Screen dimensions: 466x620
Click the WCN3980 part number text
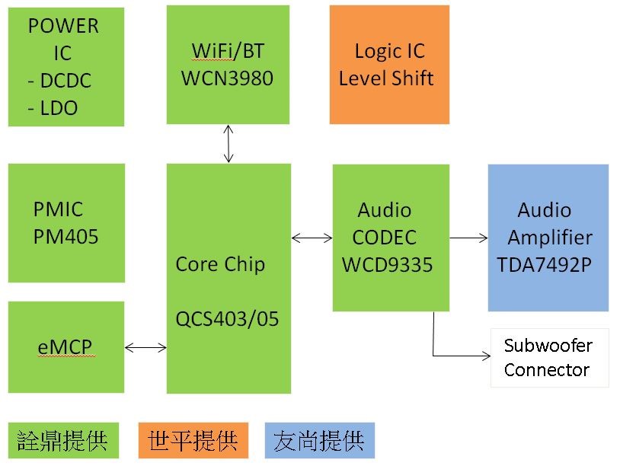point(227,78)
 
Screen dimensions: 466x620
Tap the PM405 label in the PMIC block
point(66,237)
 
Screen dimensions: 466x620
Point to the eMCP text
point(65,347)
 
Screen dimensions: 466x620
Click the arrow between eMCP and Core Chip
point(145,348)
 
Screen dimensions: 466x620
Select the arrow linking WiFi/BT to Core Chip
point(229,144)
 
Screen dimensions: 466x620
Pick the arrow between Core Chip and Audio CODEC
point(312,238)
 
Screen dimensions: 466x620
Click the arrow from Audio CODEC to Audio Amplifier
point(468,238)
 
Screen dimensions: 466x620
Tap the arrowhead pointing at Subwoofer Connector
point(486,356)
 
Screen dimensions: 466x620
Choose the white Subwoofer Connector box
point(549,358)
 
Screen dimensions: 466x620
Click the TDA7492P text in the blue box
point(545,264)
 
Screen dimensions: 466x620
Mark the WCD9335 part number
point(387,264)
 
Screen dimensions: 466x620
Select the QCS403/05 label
point(227,318)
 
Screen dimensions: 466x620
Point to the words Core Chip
point(220,264)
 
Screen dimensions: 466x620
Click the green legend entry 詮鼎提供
point(63,440)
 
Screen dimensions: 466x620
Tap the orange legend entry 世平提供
point(193,440)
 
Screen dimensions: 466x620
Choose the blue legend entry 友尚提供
point(320,440)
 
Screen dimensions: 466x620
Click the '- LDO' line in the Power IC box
point(53,108)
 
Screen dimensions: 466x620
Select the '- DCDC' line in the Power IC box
point(59,81)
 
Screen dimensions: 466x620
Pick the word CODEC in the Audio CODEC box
point(384,237)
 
